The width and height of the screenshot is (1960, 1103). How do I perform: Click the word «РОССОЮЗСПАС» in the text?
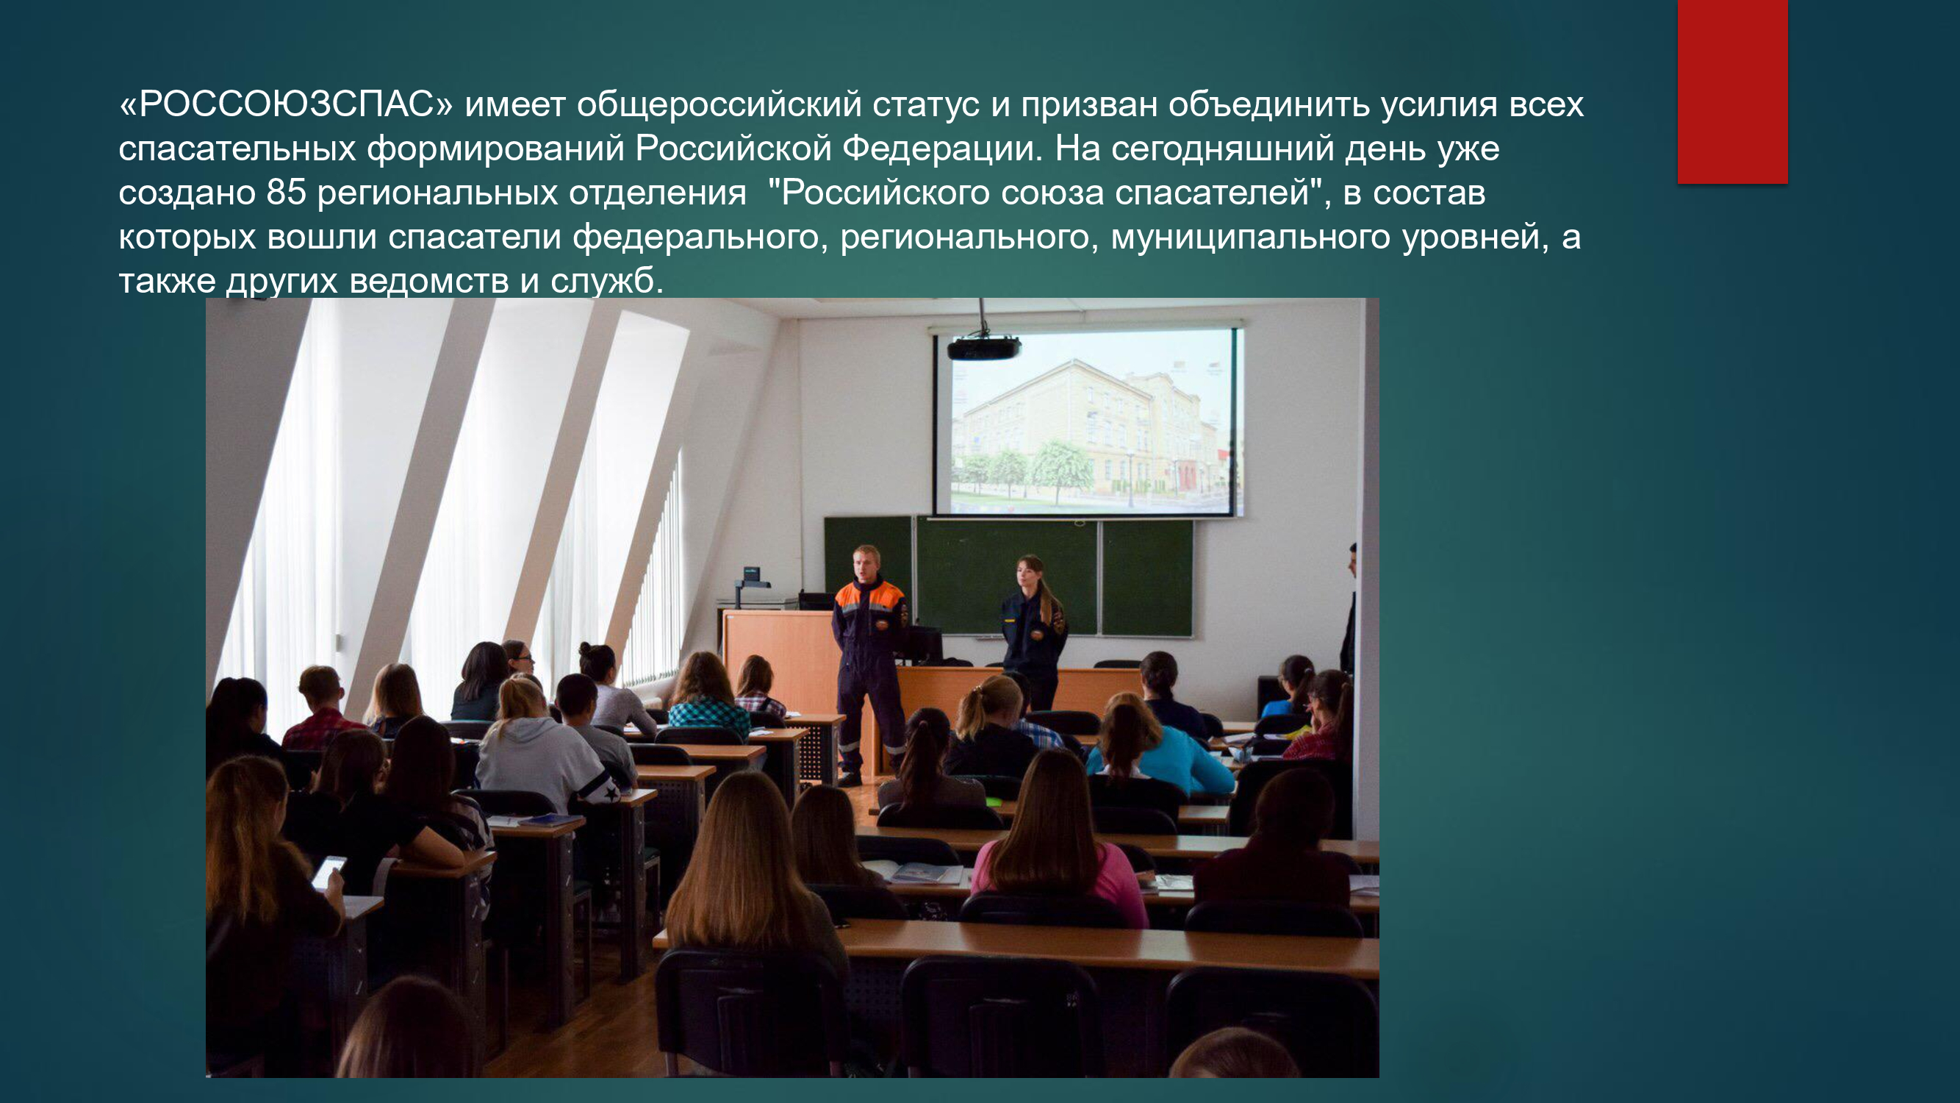(x=286, y=105)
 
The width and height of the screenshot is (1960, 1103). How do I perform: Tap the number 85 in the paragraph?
(x=286, y=193)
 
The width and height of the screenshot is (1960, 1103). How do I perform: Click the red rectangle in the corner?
(x=1732, y=91)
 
